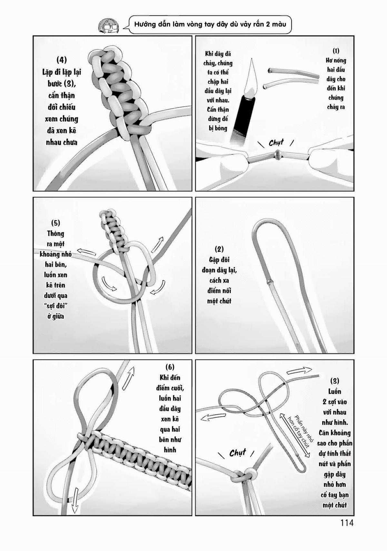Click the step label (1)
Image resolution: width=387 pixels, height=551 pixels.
[336, 51]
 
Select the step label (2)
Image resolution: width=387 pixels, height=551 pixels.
[219, 249]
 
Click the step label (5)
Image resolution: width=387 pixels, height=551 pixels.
[55, 223]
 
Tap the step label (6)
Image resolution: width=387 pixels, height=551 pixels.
[170, 367]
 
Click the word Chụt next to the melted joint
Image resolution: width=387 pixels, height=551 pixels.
[276, 142]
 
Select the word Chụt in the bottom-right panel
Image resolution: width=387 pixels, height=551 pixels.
[238, 453]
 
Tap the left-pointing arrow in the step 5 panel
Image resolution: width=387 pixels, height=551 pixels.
[76, 252]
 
